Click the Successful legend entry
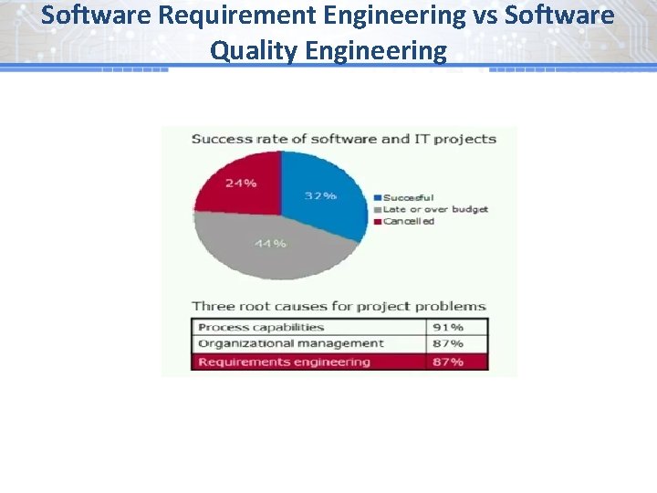tap(408, 197)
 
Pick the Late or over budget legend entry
tap(435, 209)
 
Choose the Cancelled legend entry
tap(408, 221)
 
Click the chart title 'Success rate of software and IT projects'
tap(343, 140)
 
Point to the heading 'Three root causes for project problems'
tap(339, 306)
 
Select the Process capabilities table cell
tap(262, 327)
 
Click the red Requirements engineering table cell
tap(284, 362)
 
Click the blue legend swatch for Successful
tap(378, 197)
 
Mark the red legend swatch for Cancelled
tap(378, 221)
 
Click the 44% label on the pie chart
tap(272, 244)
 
